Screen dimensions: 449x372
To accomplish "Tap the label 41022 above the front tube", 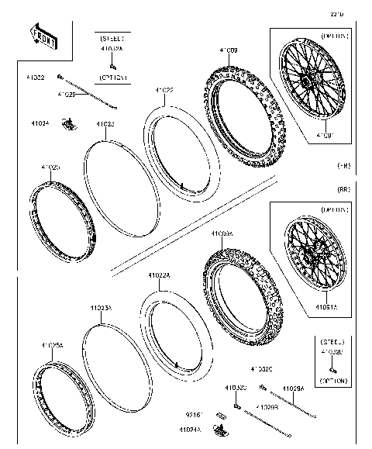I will pos(163,91).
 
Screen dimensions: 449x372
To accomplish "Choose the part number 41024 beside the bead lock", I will pos(40,123).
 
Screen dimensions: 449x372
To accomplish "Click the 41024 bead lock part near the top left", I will pos(71,122).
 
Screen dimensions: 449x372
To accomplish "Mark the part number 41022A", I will pos(160,275).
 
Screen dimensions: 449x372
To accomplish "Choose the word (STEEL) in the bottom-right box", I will pos(333,340).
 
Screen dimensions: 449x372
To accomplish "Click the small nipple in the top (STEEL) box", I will pos(112,67).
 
